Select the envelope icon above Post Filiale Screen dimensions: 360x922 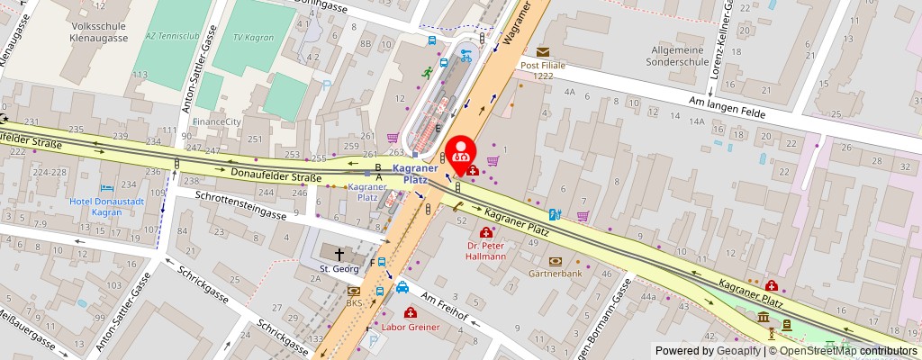(x=543, y=52)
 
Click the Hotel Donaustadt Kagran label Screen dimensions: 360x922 (x=102, y=207)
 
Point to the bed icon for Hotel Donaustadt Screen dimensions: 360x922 (x=108, y=189)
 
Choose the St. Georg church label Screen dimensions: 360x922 (x=339, y=268)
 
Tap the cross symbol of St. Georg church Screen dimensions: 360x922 (x=339, y=254)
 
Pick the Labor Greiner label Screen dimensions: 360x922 (x=411, y=327)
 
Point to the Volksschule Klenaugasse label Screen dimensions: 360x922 (x=88, y=32)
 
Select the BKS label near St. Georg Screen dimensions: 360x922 (x=354, y=303)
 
